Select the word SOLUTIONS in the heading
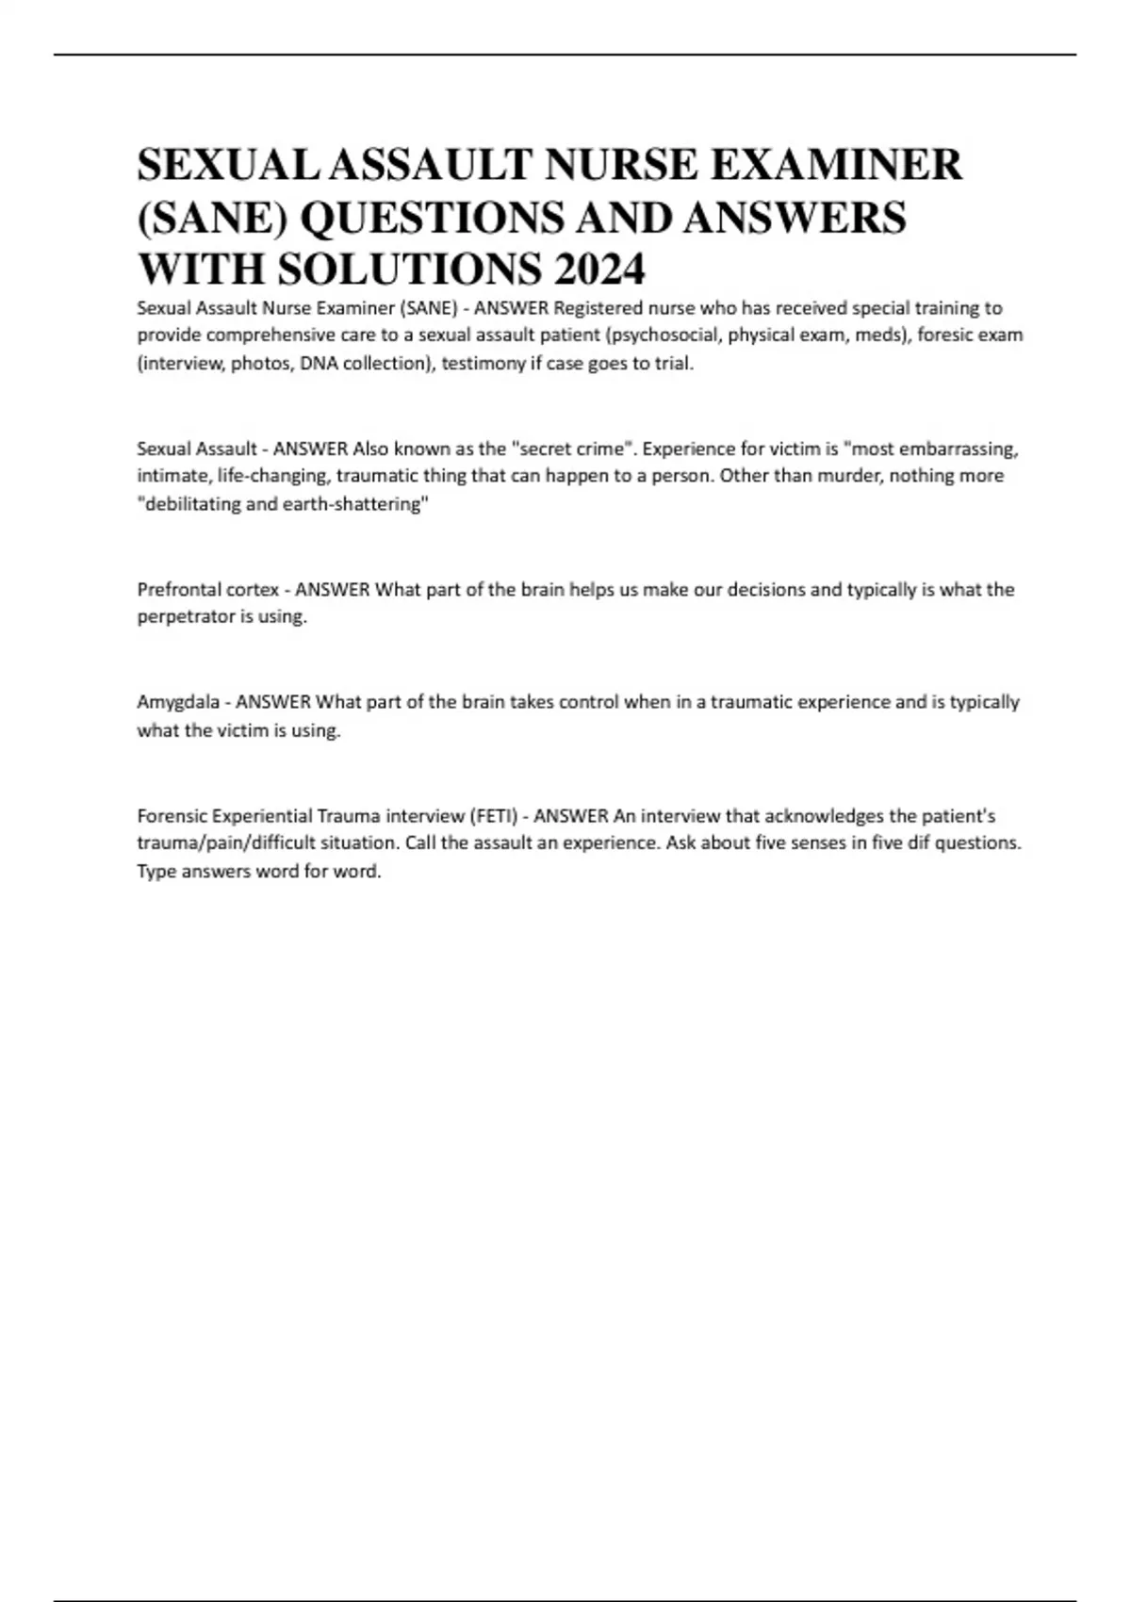(410, 270)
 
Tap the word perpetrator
(182, 617)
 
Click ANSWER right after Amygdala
(272, 702)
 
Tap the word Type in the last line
(156, 871)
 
